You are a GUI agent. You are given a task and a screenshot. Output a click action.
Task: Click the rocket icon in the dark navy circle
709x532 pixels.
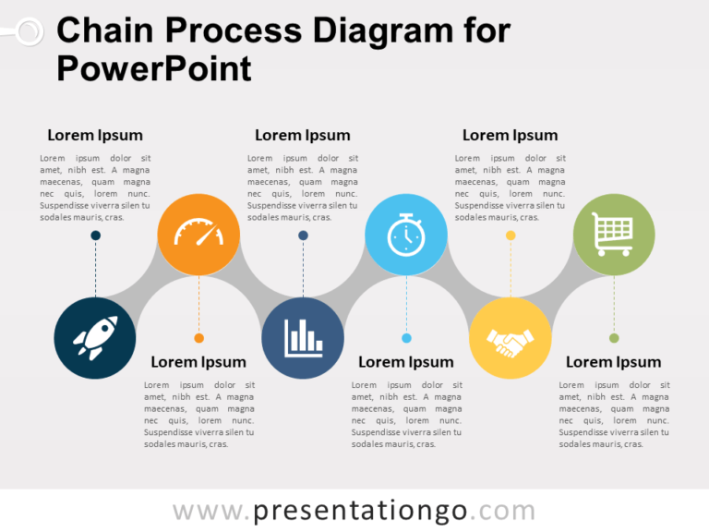tap(95, 338)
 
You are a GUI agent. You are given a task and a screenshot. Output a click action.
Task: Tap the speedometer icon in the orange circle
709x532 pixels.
tap(198, 234)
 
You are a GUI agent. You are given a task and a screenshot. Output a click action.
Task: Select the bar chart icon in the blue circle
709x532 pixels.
tap(303, 338)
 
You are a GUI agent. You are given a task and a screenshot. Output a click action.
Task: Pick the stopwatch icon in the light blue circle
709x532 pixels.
tap(406, 234)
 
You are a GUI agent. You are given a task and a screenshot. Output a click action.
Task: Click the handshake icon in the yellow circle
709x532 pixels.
tap(510, 339)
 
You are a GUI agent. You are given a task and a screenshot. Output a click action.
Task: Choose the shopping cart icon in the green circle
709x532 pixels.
tap(613, 235)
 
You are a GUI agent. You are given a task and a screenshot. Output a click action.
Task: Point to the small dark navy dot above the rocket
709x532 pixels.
tap(95, 236)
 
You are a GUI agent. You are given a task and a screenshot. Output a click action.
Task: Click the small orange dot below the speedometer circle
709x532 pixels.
tap(198, 338)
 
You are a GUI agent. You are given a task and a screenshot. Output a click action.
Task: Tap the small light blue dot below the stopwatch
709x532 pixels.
tap(406, 338)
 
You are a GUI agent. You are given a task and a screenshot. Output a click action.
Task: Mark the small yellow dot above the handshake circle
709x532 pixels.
tap(511, 236)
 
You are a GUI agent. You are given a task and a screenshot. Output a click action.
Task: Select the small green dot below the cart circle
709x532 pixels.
tap(614, 338)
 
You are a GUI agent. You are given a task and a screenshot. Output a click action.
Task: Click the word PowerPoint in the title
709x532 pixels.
tap(153, 68)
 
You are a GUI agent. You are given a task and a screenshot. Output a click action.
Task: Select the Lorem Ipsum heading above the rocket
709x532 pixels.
tap(95, 135)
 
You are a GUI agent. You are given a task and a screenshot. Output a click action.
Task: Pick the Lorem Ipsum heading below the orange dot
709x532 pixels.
tap(198, 362)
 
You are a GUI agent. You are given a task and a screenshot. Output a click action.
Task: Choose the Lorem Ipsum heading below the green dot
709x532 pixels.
tap(613, 362)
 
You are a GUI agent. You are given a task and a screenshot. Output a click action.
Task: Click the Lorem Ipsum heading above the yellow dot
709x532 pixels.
tap(510, 135)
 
